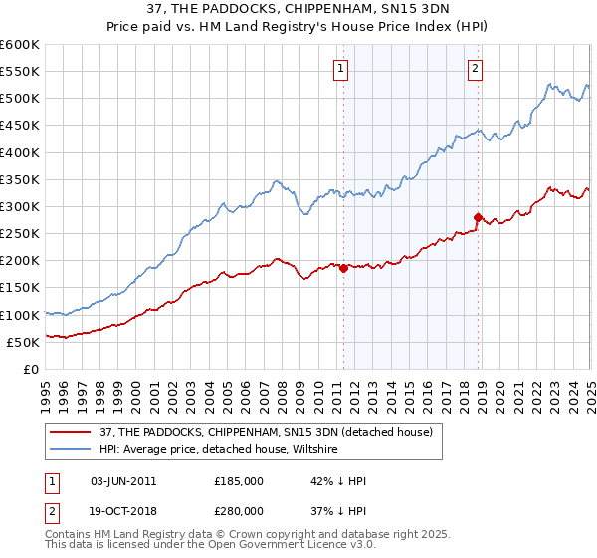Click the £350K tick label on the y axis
(19, 180)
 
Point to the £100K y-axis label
(19, 315)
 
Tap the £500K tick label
(19, 99)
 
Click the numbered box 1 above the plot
(340, 68)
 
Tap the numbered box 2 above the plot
(475, 68)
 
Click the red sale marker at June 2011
(343, 268)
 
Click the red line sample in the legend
(71, 433)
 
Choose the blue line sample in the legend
(71, 450)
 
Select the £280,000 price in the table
(239, 510)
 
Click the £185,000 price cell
(239, 481)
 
